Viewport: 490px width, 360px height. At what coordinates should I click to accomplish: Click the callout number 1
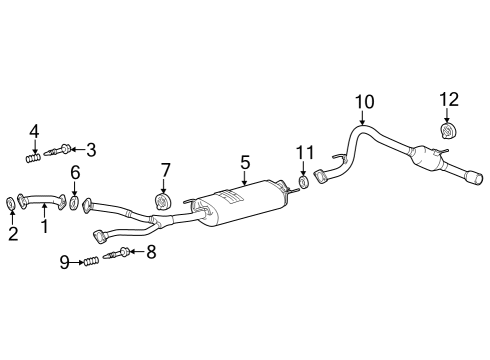43,228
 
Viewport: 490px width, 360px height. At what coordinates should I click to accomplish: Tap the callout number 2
13,234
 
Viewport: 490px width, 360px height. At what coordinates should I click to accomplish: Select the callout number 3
91,150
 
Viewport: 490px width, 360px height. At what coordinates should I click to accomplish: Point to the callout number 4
34,131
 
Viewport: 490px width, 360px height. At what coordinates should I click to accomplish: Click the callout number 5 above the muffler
243,160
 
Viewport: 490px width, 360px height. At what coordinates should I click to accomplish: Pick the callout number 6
74,173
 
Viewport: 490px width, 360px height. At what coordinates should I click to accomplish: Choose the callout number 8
151,252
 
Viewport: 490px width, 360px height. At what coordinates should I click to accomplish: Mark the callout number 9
64,262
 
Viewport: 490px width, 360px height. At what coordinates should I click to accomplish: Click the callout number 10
363,102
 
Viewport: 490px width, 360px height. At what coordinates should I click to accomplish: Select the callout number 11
304,152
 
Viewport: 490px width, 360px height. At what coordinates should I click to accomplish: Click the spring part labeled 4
34,156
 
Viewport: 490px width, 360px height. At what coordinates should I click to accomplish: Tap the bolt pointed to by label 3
61,151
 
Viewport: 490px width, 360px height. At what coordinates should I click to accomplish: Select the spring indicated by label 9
92,262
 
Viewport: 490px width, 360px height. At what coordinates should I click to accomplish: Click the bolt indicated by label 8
124,253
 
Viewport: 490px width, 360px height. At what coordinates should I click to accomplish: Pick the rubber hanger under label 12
448,131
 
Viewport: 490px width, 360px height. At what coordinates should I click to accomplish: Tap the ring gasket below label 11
303,183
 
